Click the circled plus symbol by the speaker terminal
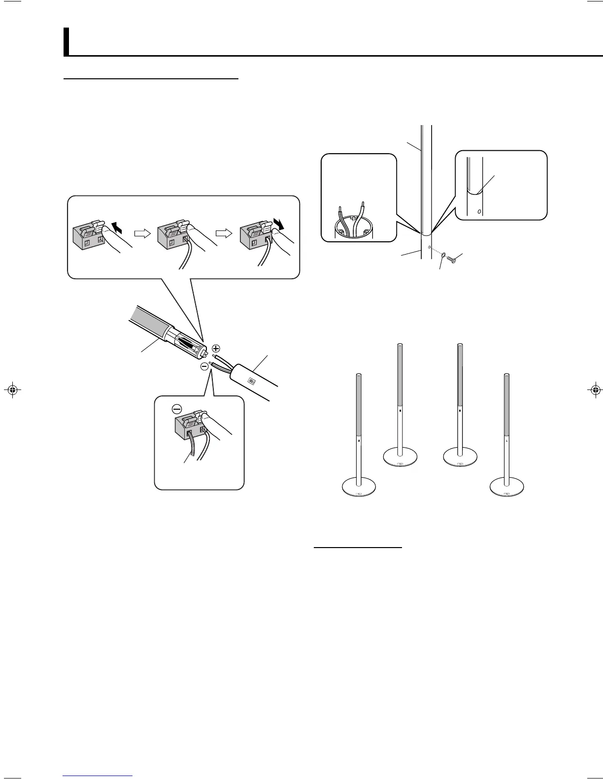tap(216, 348)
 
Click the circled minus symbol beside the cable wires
tap(204, 366)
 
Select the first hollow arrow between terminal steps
tap(141, 234)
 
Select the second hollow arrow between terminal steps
tap(223, 234)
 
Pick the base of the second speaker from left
tap(400, 456)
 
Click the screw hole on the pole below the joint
tap(430, 247)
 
